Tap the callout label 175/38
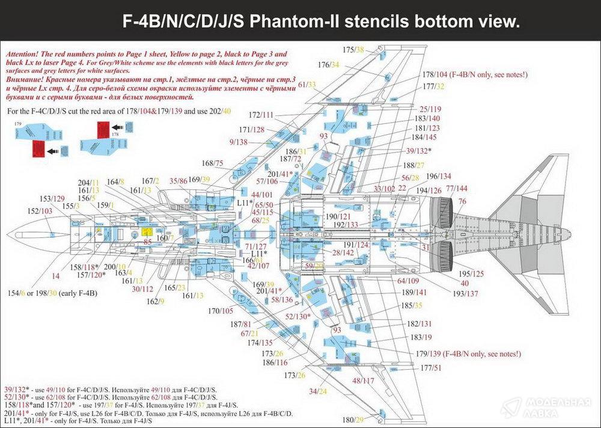[353, 49]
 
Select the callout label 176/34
[329, 64]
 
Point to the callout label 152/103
[40, 212]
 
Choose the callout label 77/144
[456, 188]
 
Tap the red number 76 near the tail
[462, 201]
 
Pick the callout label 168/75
[213, 163]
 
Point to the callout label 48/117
[363, 381]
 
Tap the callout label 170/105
[221, 311]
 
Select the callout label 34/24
[318, 391]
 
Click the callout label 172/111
[260, 114]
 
